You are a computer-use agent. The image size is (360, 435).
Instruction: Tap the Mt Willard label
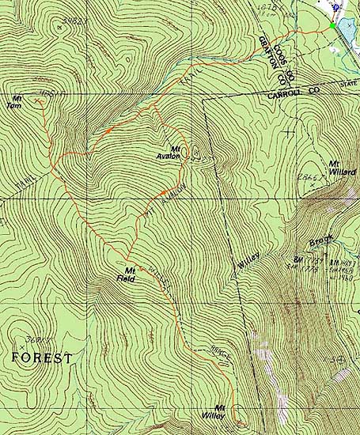point(342,168)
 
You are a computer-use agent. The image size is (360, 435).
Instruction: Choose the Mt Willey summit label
point(225,410)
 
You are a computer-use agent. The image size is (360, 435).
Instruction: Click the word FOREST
point(42,357)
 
